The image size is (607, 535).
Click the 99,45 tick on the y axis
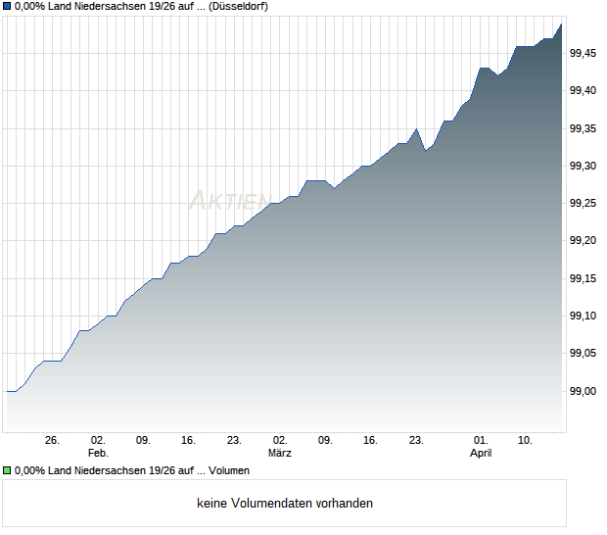pos(584,53)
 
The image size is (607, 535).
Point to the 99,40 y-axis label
pos(584,90)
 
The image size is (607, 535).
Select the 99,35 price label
pos(584,128)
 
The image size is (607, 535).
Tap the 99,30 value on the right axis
pos(584,166)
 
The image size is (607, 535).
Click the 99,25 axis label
pos(584,203)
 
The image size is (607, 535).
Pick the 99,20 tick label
pos(584,241)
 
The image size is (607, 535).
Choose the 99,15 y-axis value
pos(584,278)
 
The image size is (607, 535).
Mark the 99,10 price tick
pos(584,316)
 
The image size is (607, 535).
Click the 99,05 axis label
pos(584,353)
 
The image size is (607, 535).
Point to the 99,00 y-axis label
pos(584,391)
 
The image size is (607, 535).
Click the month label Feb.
pos(97,454)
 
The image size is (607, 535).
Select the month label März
pos(280,454)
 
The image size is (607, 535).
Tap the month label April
pos(481,454)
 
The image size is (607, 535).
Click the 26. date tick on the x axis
pos(53,441)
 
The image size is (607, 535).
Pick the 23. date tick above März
pos(235,441)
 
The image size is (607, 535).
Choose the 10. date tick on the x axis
pos(526,441)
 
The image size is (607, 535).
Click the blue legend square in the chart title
pos(7,7)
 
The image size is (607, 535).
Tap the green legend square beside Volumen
pos(7,471)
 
